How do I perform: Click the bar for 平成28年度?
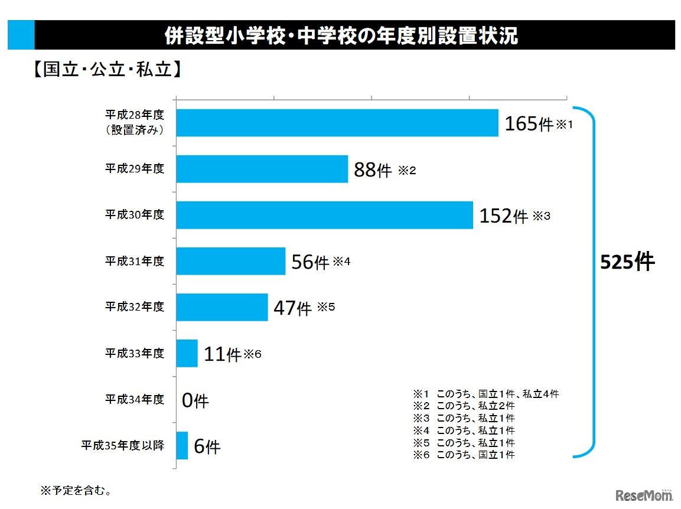click(337, 123)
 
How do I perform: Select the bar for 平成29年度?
click(262, 169)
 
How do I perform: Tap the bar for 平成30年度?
click(325, 215)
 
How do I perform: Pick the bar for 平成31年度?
click(231, 261)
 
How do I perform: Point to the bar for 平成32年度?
click(222, 307)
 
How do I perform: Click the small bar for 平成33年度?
click(187, 353)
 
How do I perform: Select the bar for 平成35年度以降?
click(183, 445)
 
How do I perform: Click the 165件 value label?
click(529, 124)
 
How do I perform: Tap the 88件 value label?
click(373, 170)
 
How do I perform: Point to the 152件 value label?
click(503, 216)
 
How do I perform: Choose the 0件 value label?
click(195, 401)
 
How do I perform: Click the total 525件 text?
click(627, 262)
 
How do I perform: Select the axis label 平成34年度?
click(135, 400)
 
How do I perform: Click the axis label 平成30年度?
click(135, 215)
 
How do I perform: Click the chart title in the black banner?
click(341, 35)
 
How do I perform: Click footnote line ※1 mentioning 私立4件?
click(486, 394)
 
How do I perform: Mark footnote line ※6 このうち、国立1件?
click(464, 455)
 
